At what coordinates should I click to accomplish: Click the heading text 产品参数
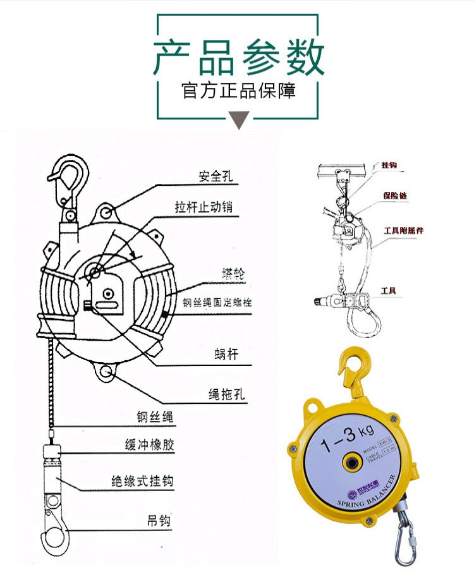click(238, 57)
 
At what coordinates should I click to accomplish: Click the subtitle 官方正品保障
click(238, 90)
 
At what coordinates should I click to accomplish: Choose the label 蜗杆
click(226, 355)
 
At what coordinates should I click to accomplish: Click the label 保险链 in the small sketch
click(394, 197)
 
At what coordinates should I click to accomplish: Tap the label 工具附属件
click(404, 231)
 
